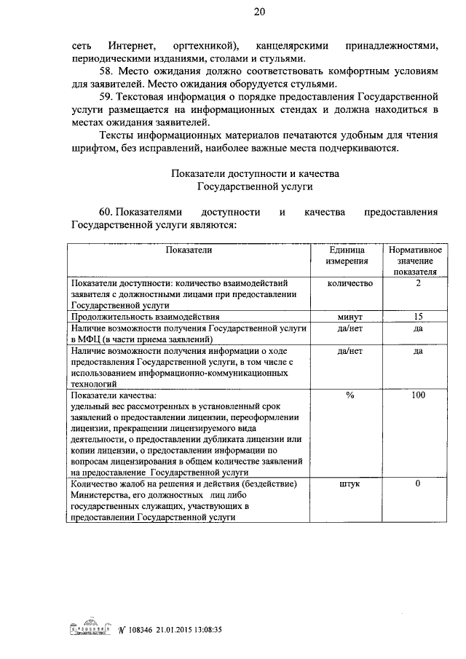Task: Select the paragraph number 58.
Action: [106, 71]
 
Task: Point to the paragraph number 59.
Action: [106, 96]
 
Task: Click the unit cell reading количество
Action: [349, 283]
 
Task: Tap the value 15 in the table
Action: [418, 316]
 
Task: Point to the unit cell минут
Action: [349, 317]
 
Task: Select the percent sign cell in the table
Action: [349, 395]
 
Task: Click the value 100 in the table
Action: [418, 395]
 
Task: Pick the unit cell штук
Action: [349, 484]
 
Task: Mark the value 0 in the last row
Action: [418, 484]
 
